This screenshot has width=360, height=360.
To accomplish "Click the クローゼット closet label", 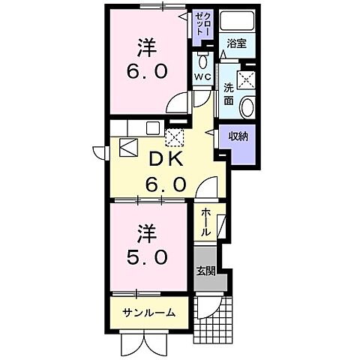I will pyautogui.click(x=203, y=27).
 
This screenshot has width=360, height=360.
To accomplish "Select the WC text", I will pyautogui.click(x=202, y=76).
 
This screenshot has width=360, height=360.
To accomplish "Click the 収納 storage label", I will pyautogui.click(x=239, y=136).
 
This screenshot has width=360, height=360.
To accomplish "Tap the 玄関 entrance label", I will pyautogui.click(x=205, y=269).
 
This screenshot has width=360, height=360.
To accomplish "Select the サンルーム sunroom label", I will pyautogui.click(x=150, y=313).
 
